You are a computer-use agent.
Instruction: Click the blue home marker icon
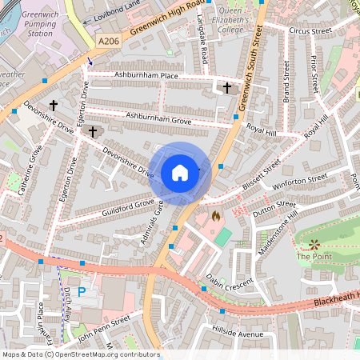click(180, 172)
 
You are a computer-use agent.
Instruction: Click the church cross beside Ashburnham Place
click(226, 87)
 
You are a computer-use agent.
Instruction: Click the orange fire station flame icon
click(215, 215)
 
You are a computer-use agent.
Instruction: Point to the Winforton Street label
click(300, 181)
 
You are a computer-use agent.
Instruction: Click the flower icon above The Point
click(314, 243)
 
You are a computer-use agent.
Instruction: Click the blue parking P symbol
click(81, 292)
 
